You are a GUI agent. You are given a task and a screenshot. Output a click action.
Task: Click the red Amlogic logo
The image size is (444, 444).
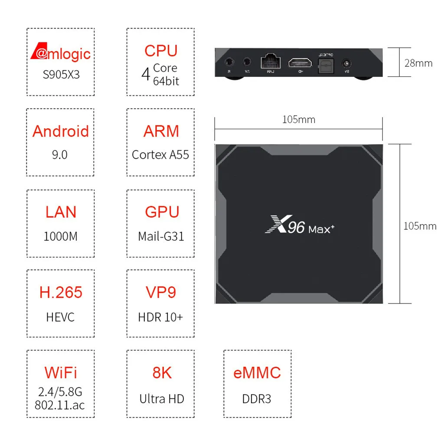61,53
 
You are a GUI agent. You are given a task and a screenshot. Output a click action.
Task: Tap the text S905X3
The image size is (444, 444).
61,74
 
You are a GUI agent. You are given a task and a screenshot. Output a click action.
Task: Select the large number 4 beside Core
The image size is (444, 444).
146,74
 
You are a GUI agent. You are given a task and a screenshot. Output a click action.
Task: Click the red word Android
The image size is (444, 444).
61,131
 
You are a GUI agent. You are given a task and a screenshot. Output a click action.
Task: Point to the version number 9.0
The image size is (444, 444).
60,155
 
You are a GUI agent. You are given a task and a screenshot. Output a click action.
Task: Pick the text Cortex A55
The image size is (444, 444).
160,155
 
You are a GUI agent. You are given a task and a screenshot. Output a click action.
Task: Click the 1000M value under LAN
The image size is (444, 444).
61,236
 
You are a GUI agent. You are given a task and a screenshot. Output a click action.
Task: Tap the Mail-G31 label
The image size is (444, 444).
161,236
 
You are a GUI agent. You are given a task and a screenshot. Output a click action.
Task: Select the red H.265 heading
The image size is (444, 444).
61,292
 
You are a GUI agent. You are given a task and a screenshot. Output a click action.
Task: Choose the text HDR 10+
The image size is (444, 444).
160,317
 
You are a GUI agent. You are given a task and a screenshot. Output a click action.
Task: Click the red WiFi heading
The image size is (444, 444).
61,372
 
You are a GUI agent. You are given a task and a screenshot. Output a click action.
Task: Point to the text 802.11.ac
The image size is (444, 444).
60,405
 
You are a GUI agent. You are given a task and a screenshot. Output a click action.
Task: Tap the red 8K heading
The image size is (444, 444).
161,372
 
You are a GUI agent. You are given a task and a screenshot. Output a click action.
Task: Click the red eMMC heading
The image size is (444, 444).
257,372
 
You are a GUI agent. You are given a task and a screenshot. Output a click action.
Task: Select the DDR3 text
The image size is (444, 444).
257,398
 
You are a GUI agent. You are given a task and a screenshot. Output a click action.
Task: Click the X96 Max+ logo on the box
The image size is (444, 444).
299,227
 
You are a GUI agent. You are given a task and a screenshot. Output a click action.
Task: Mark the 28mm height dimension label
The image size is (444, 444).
418,63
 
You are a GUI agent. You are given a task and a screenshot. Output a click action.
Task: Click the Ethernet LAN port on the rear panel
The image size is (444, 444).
270,62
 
